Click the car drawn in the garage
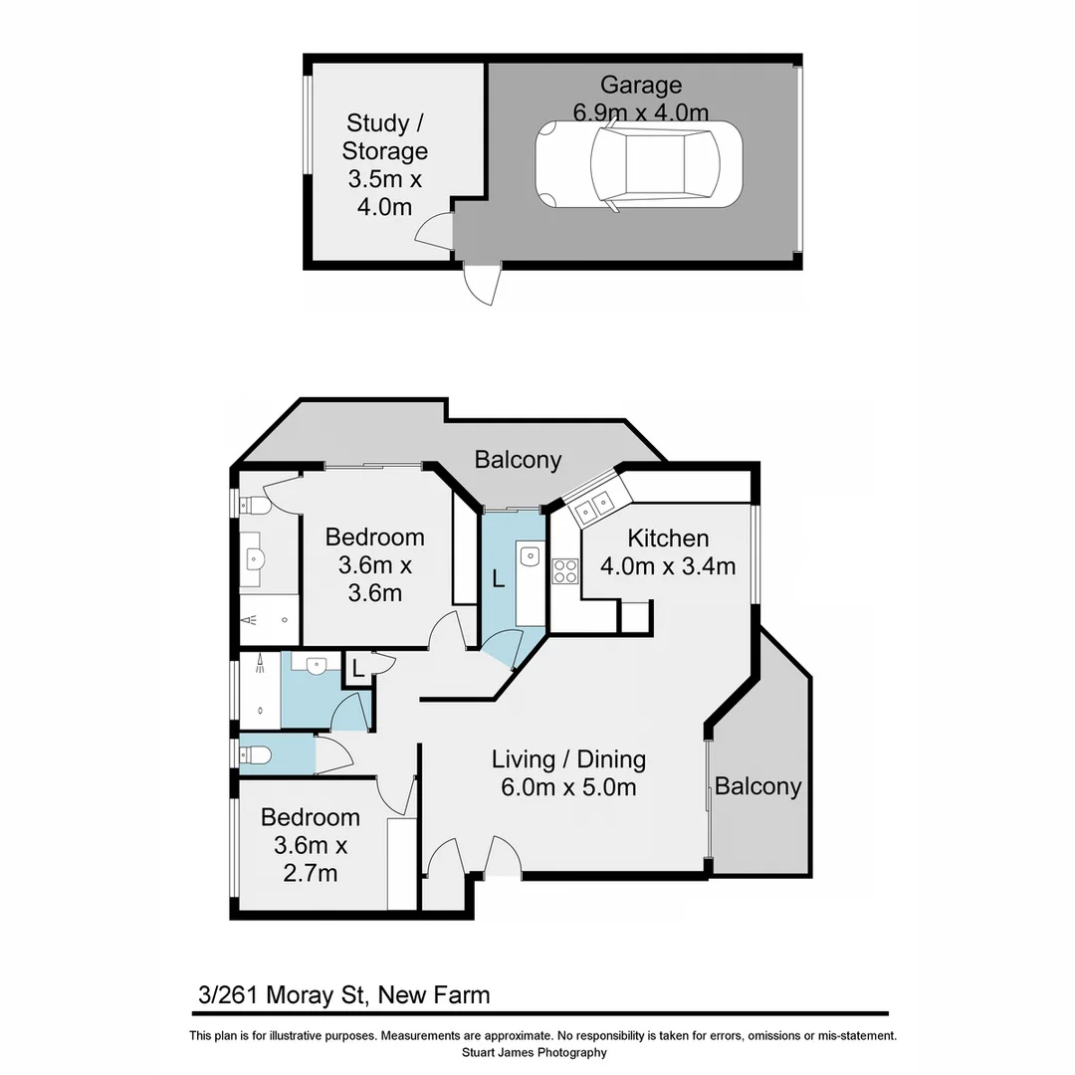pyautogui.click(x=639, y=164)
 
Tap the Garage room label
pyautogui.click(x=640, y=86)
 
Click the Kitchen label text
pyautogui.click(x=668, y=538)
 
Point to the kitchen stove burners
pyautogui.click(x=565, y=570)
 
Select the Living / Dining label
pyautogui.click(x=568, y=759)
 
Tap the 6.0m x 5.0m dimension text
pyautogui.click(x=568, y=787)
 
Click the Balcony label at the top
pyautogui.click(x=518, y=460)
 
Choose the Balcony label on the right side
pyautogui.click(x=758, y=786)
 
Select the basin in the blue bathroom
pyautogui.click(x=317, y=664)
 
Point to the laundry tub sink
pyautogui.click(x=531, y=556)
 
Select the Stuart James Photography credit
pyautogui.click(x=534, y=1052)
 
